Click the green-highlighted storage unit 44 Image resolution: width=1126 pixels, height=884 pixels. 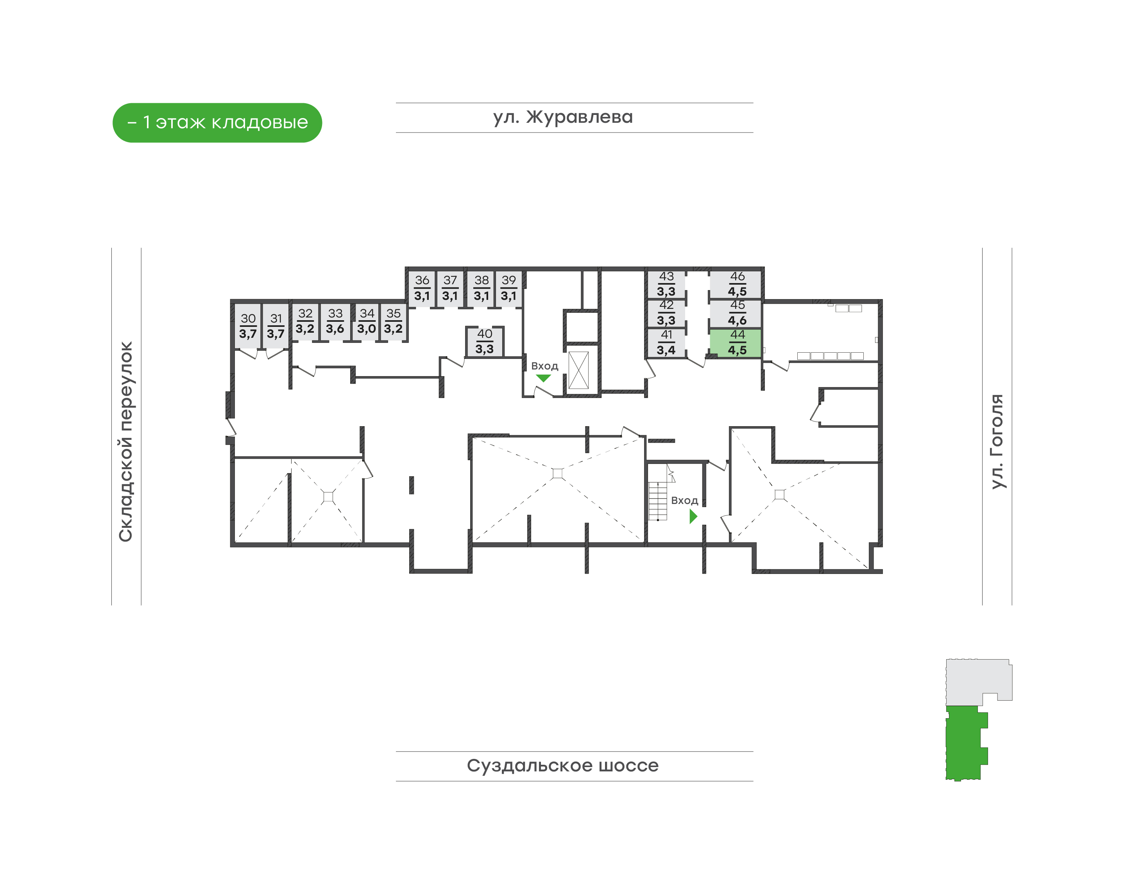[x=735, y=342]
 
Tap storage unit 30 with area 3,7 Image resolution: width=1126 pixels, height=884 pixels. [x=248, y=326]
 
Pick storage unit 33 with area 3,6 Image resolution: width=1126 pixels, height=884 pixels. [x=335, y=321]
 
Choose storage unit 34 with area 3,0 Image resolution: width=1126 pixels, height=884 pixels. [x=366, y=321]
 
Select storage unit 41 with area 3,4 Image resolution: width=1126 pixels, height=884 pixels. [x=666, y=342]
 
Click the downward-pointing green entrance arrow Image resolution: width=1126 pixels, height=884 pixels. [x=543, y=378]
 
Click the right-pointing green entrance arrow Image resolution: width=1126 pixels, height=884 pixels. [x=693, y=516]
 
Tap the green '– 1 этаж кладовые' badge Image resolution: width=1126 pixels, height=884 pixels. [x=217, y=123]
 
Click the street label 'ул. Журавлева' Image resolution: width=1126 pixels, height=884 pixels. [x=563, y=117]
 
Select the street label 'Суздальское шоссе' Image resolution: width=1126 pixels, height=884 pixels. [x=563, y=766]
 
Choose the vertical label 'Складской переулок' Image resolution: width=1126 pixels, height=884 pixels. [x=126, y=441]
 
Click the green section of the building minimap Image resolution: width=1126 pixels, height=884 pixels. [x=965, y=743]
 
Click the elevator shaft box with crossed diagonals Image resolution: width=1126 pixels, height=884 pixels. [x=578, y=370]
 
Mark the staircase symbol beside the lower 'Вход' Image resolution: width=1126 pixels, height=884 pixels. [x=658, y=501]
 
